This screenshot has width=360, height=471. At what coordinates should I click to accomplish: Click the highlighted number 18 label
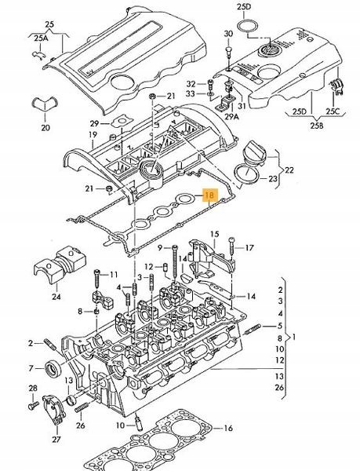tap(209, 197)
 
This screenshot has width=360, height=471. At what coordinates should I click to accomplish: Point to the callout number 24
tap(55, 297)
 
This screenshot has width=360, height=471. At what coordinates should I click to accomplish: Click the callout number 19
tap(93, 135)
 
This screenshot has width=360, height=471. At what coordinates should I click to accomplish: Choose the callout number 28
tap(32, 389)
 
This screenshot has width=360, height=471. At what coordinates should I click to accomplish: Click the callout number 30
tap(228, 35)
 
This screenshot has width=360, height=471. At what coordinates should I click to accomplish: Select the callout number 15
tap(212, 235)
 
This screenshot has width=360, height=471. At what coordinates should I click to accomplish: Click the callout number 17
tap(250, 248)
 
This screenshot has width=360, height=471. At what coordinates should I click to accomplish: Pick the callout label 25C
tap(333, 111)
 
